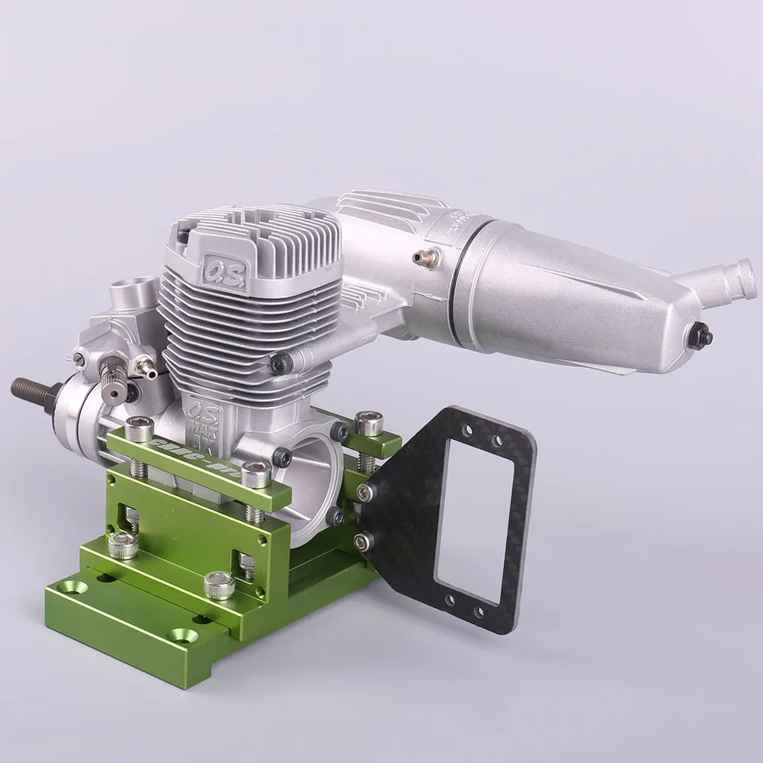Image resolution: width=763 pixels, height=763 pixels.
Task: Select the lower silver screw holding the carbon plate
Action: click(x=365, y=540)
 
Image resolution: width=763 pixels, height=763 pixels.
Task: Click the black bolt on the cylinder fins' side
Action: click(x=277, y=362)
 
